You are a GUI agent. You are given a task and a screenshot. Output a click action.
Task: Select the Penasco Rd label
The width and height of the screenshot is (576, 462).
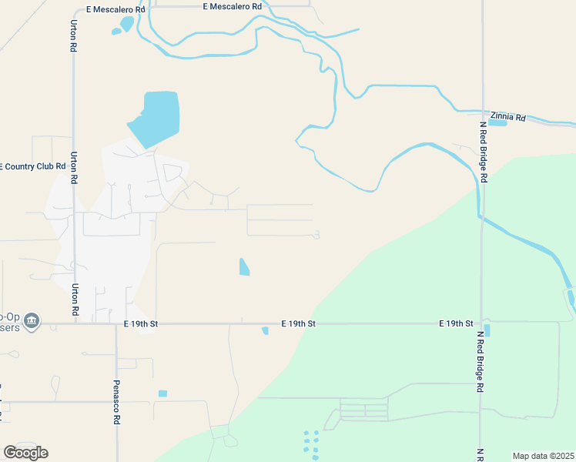coord(118,401)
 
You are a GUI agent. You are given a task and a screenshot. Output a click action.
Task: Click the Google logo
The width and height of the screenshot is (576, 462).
coord(25,452)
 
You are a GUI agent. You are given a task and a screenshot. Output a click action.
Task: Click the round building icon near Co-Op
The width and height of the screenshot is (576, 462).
coord(32,320)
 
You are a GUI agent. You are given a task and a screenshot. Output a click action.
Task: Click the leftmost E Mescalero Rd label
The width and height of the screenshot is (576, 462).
coord(116,10)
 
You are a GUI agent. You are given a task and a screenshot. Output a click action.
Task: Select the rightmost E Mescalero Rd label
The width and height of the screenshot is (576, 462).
coord(232,6)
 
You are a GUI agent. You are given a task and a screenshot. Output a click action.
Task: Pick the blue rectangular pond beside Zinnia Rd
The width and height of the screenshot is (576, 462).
coord(497,122)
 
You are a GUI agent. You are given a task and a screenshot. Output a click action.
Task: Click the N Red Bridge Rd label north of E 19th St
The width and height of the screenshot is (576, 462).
coord(484,152)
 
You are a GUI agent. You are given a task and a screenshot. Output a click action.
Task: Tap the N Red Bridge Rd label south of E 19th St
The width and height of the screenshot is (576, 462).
coord(479,363)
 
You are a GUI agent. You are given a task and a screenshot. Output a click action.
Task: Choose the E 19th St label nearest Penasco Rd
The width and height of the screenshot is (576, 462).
coord(140,324)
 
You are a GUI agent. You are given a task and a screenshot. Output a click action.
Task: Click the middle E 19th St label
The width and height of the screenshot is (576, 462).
coord(299,324)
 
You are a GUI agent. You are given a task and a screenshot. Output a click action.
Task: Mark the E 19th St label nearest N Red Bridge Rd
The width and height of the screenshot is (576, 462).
coord(456,323)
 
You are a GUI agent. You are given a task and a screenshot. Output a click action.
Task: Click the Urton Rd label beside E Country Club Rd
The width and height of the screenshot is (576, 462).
coord(74,167)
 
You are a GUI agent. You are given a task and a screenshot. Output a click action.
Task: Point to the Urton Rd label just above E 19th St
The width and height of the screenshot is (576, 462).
coord(75,300)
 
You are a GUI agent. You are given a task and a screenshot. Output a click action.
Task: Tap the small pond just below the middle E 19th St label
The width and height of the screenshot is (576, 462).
coord(265,331)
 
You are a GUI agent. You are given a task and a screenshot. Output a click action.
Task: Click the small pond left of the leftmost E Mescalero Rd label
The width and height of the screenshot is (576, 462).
coord(117,32)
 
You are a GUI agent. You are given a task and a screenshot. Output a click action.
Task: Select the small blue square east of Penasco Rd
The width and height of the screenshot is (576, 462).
coord(162,393)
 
